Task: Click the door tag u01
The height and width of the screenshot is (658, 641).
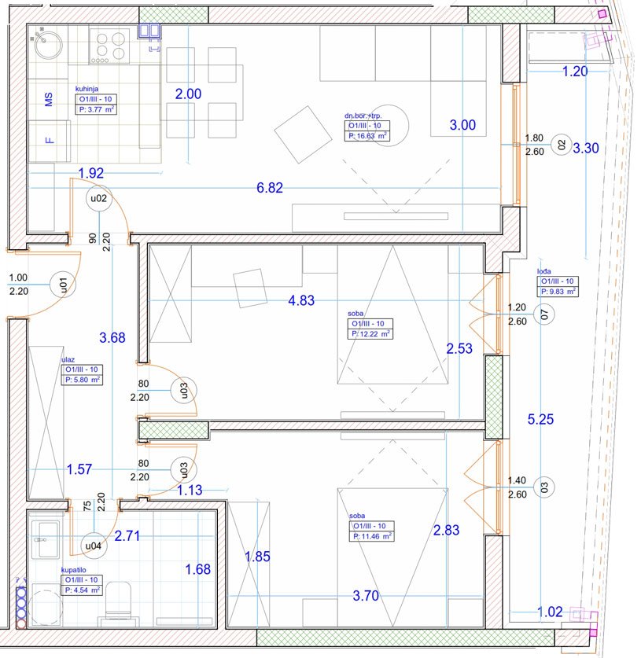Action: [x=63, y=285]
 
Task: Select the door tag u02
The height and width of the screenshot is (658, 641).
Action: [x=99, y=198]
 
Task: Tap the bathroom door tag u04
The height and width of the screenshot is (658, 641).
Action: [x=93, y=546]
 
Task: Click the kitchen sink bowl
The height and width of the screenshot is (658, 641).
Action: [x=48, y=45]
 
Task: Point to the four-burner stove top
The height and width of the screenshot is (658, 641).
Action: [x=109, y=46]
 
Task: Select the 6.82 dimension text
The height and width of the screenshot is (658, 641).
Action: [x=270, y=188]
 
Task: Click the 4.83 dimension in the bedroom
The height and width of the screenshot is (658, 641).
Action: [x=301, y=300]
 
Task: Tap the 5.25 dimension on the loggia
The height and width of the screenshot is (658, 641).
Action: [x=540, y=419]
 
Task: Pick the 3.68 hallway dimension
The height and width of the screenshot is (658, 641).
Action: [x=112, y=337]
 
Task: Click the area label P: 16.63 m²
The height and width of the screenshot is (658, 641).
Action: [x=367, y=136]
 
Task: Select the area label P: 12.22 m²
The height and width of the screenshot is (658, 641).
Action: [x=370, y=334]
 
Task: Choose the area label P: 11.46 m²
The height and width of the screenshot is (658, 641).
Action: [x=371, y=536]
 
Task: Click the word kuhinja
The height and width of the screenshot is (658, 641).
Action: [x=87, y=89]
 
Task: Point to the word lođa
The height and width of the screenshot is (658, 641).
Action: [x=544, y=271]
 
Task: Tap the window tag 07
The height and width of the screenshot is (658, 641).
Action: [x=544, y=314]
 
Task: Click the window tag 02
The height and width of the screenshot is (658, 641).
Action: [x=562, y=145]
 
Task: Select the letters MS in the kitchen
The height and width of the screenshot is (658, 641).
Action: [x=49, y=100]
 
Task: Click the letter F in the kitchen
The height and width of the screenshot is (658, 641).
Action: [x=50, y=140]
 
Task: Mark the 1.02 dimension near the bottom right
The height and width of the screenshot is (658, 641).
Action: [x=550, y=612]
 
